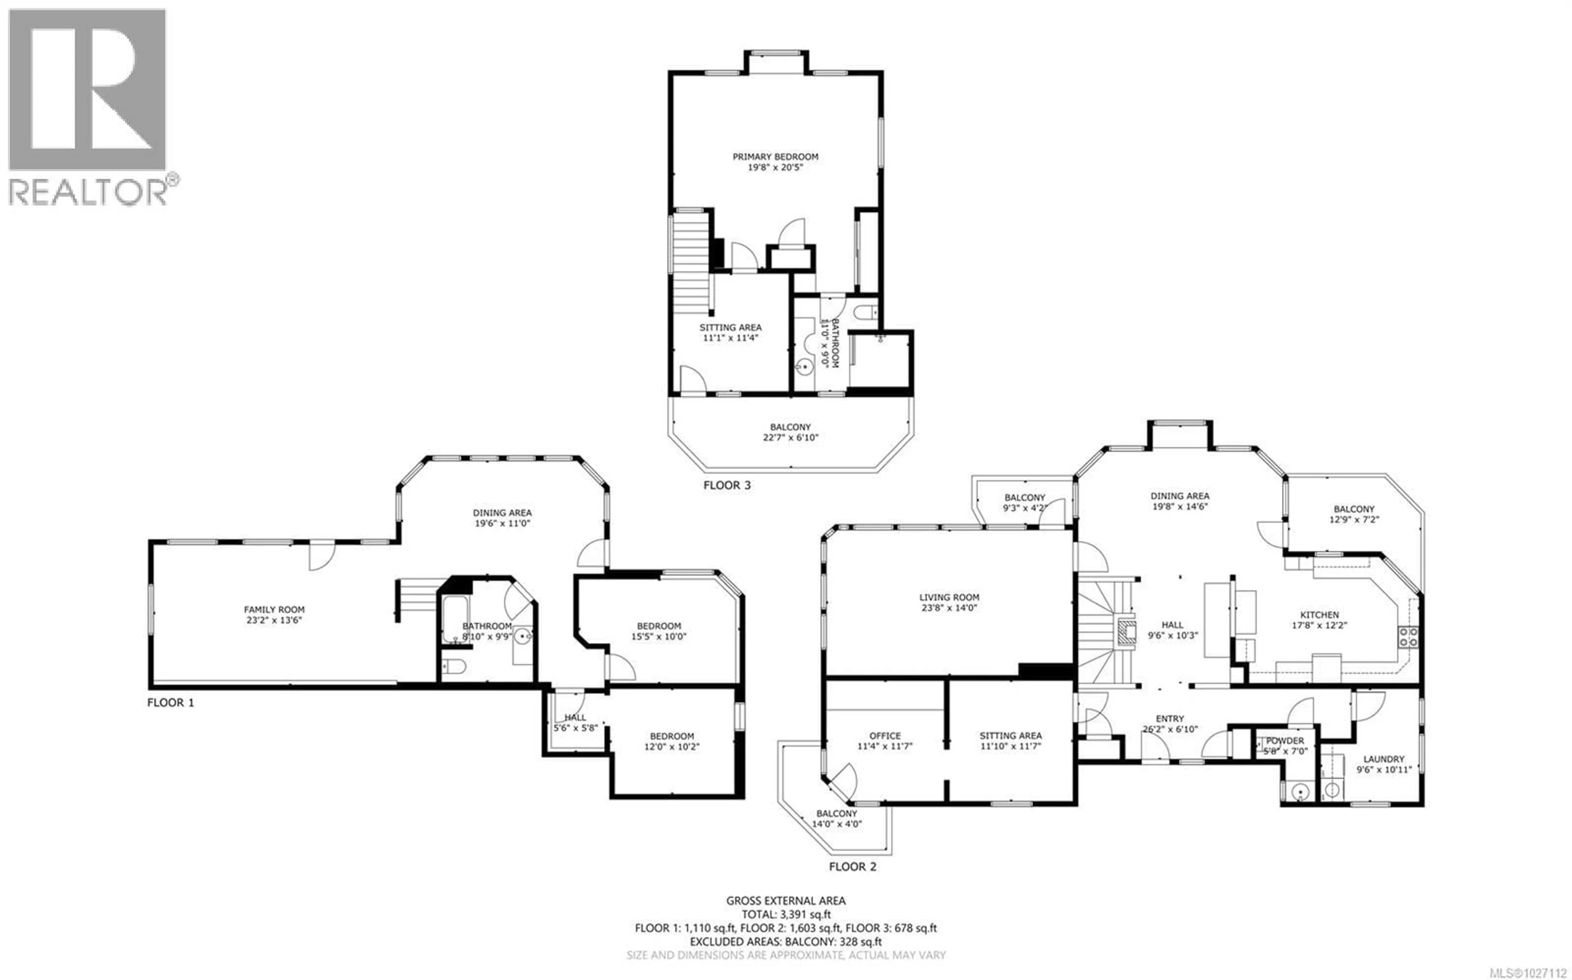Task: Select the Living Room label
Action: pyautogui.click(x=949, y=597)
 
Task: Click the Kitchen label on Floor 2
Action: pyautogui.click(x=1319, y=615)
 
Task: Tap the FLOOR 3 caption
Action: pyautogui.click(x=727, y=485)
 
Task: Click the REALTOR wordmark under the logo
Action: pyautogui.click(x=88, y=192)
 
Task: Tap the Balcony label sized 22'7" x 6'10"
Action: pyautogui.click(x=790, y=427)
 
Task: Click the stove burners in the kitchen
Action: pyautogui.click(x=1408, y=636)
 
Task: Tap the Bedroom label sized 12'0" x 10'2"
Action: pyautogui.click(x=672, y=736)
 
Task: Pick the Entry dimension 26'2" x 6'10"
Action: pyautogui.click(x=1170, y=729)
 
